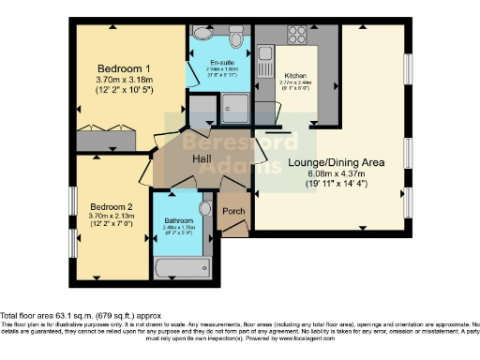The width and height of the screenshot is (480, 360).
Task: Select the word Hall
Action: click(202, 159)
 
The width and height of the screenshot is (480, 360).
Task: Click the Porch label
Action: click(233, 212)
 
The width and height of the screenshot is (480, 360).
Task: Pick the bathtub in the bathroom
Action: click(184, 270)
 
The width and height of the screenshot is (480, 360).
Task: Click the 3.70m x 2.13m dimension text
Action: click(112, 217)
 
